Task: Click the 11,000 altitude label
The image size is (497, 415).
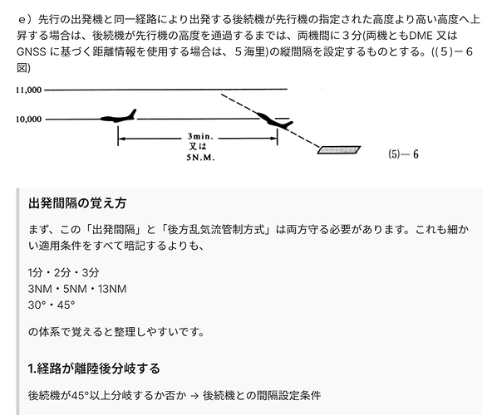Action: click(x=29, y=90)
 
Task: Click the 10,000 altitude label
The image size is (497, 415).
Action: click(x=29, y=119)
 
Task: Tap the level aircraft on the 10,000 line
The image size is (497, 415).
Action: click(x=118, y=116)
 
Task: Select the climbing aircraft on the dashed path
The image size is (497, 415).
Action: click(x=274, y=120)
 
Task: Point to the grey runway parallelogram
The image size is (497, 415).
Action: click(x=339, y=149)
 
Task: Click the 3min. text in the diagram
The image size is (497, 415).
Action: click(x=200, y=136)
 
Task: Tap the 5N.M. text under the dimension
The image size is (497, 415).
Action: click(x=200, y=158)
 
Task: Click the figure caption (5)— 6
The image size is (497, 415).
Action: click(x=403, y=154)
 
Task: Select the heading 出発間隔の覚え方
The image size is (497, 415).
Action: click(x=77, y=203)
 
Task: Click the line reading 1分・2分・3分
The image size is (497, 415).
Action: click(x=63, y=272)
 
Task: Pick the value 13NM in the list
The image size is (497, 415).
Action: click(x=112, y=289)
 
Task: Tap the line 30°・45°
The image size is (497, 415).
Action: click(x=52, y=305)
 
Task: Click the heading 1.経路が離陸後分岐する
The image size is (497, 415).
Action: click(x=94, y=369)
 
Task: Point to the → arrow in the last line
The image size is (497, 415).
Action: click(x=194, y=396)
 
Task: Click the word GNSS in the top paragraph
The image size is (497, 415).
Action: click(x=32, y=51)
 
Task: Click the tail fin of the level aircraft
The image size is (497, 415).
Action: click(x=132, y=114)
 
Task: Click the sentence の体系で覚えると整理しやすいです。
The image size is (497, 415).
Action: click(x=116, y=332)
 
